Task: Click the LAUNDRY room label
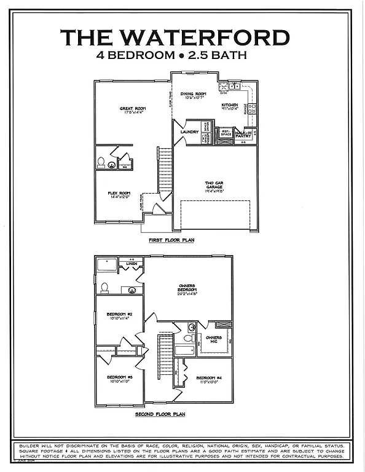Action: point(189,132)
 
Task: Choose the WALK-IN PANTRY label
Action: point(244,133)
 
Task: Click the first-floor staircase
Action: point(165,169)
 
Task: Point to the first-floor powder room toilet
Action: point(101,163)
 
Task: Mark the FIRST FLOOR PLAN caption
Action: point(171,240)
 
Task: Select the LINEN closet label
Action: point(131,264)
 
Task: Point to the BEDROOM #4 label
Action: point(209,379)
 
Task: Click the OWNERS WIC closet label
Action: point(214,339)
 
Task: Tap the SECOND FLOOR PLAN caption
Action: point(160,415)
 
